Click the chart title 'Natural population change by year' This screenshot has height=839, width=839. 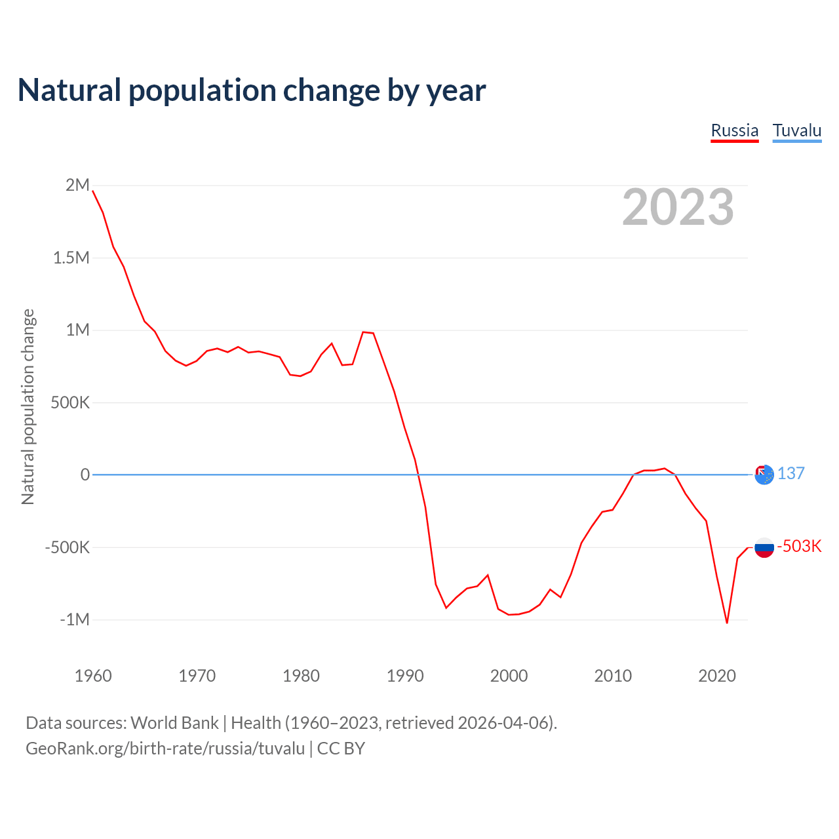point(252,90)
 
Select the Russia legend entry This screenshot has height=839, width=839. point(734,130)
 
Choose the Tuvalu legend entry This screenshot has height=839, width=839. point(796,130)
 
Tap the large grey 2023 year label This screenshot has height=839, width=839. point(678,207)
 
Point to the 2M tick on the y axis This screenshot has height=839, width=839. point(77,185)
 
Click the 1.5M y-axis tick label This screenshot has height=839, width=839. point(71,258)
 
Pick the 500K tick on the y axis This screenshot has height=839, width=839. point(69,402)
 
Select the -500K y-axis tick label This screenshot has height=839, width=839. point(67,547)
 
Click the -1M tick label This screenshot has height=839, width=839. point(74,619)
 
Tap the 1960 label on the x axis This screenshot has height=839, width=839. point(93,676)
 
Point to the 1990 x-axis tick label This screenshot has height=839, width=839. point(405,676)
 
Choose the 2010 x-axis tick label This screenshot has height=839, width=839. point(613,676)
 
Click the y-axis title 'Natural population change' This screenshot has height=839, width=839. point(28,407)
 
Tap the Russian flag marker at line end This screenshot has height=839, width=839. point(764,547)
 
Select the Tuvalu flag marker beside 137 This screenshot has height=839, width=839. point(764,474)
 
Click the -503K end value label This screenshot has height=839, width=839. point(799,547)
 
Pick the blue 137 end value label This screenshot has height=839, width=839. point(791,474)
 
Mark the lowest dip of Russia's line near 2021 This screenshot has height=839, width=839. point(727,622)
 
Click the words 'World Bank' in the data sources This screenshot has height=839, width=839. point(174,723)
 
